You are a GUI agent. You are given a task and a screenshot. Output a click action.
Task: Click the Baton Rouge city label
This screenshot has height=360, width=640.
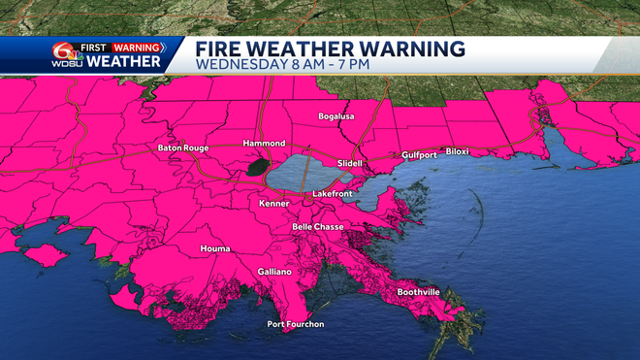tap(183, 147)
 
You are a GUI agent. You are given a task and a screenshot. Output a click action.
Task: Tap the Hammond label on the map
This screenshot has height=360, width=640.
tap(264, 143)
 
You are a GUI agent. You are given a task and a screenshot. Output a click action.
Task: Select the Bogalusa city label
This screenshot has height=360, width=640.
tap(337, 116)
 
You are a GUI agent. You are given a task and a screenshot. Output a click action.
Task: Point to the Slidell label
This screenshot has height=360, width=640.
tap(349, 163)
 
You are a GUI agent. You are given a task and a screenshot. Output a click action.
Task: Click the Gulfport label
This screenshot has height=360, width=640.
tap(420, 154)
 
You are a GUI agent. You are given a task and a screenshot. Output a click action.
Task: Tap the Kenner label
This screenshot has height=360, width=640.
tap(274, 204)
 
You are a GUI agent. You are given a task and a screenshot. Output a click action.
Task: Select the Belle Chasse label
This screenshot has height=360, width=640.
tap(321, 226)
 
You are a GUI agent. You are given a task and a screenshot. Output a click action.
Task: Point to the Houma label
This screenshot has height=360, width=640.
tap(215, 248)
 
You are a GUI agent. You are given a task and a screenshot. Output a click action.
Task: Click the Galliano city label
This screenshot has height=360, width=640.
tap(274, 272)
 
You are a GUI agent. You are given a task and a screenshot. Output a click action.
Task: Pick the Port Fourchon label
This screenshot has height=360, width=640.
tap(297, 324)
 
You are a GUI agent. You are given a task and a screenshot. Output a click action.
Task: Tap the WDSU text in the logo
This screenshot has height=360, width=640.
tap(65, 64)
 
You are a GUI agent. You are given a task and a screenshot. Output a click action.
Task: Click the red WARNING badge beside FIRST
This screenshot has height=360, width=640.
tap(137, 47)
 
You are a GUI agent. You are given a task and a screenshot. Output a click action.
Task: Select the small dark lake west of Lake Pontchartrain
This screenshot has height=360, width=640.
tap(256, 168)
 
